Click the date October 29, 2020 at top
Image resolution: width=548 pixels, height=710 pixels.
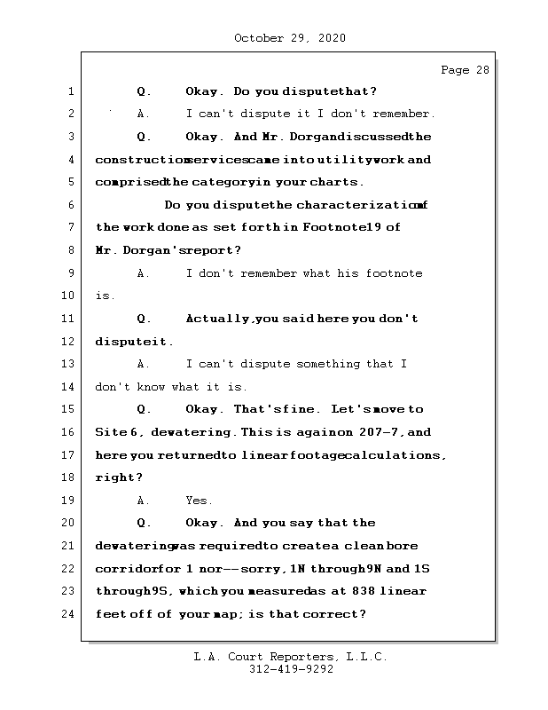[x=290, y=38]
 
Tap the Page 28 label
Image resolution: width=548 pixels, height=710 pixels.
[x=465, y=71]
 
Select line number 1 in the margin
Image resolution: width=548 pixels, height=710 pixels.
[x=69, y=91]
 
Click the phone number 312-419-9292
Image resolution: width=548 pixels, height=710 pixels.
[x=291, y=671]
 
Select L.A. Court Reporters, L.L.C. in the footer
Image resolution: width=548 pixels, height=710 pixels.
[x=291, y=658]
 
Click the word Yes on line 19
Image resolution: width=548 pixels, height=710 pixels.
[x=199, y=501]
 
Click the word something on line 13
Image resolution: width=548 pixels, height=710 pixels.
[x=331, y=364]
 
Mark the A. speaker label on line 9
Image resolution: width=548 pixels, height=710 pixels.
[x=144, y=273]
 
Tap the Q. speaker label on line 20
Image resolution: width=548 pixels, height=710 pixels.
[x=144, y=524]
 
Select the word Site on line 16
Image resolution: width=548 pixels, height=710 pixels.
[x=109, y=432]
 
